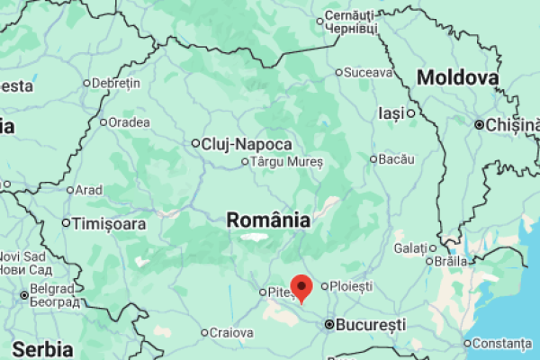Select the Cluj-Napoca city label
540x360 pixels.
pos(247,143)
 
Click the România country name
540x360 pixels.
pos(268,220)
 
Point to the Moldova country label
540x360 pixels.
pos(458,78)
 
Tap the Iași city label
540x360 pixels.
pos(391,113)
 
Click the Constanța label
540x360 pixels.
pos(502,343)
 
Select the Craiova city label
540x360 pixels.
pos(231,332)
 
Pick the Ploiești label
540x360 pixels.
pos(351,285)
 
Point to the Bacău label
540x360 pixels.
pos(396,159)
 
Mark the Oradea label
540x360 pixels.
pos(129,122)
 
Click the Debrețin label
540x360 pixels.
pos(116,83)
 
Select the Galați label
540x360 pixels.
pos(409,247)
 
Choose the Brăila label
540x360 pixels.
pos(450,260)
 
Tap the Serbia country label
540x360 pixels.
pos(42,348)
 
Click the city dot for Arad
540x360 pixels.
pos(70,190)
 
